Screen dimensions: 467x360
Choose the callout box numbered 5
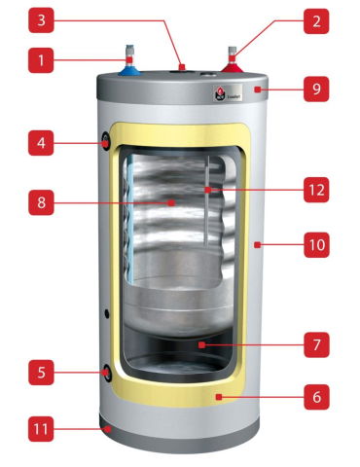42,372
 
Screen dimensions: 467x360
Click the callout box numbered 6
316,397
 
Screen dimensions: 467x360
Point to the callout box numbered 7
316,343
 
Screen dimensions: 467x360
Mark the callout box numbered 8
42,204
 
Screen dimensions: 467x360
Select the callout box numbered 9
316,90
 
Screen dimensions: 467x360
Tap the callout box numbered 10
316,246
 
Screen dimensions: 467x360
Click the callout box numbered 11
42,425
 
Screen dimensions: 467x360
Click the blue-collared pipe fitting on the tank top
129,68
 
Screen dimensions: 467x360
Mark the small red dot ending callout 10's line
256,246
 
